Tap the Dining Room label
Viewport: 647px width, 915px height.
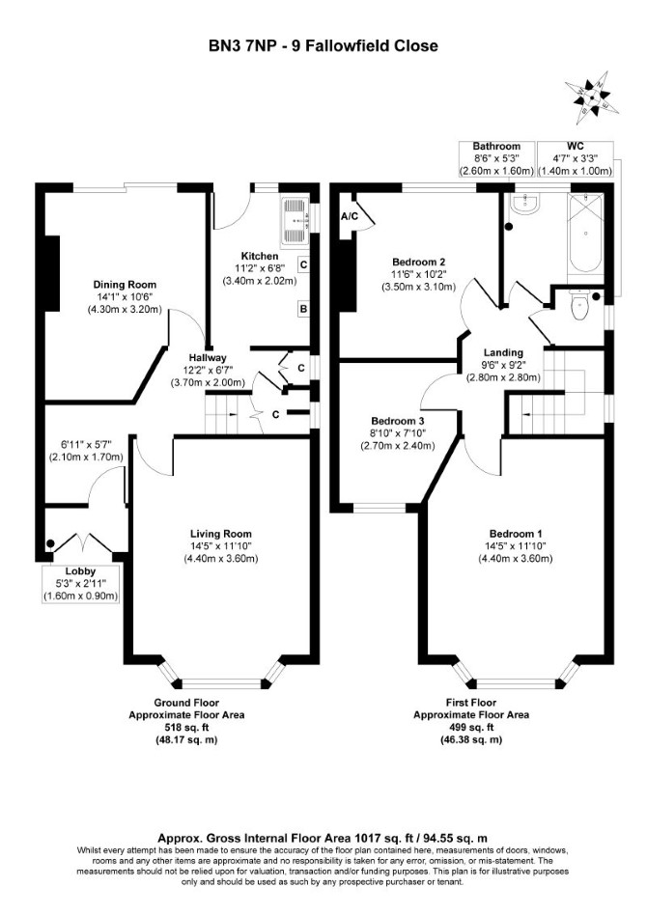pos(125,285)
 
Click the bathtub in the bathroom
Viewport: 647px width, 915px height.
pos(585,233)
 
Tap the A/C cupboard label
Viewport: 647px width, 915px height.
pos(350,216)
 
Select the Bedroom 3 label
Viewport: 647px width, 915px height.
pos(398,421)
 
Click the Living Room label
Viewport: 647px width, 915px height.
pos(221,534)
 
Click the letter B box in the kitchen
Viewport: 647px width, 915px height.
pos(303,309)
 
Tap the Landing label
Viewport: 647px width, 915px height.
pos(503,352)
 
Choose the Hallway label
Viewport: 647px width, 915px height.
pos(208,358)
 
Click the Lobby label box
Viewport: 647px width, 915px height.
pos(80,584)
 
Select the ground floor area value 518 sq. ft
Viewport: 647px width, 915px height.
pos(187,728)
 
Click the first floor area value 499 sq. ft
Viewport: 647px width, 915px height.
pos(471,728)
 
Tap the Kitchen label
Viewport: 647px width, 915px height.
pos(260,256)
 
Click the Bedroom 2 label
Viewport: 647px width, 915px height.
pos(419,262)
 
